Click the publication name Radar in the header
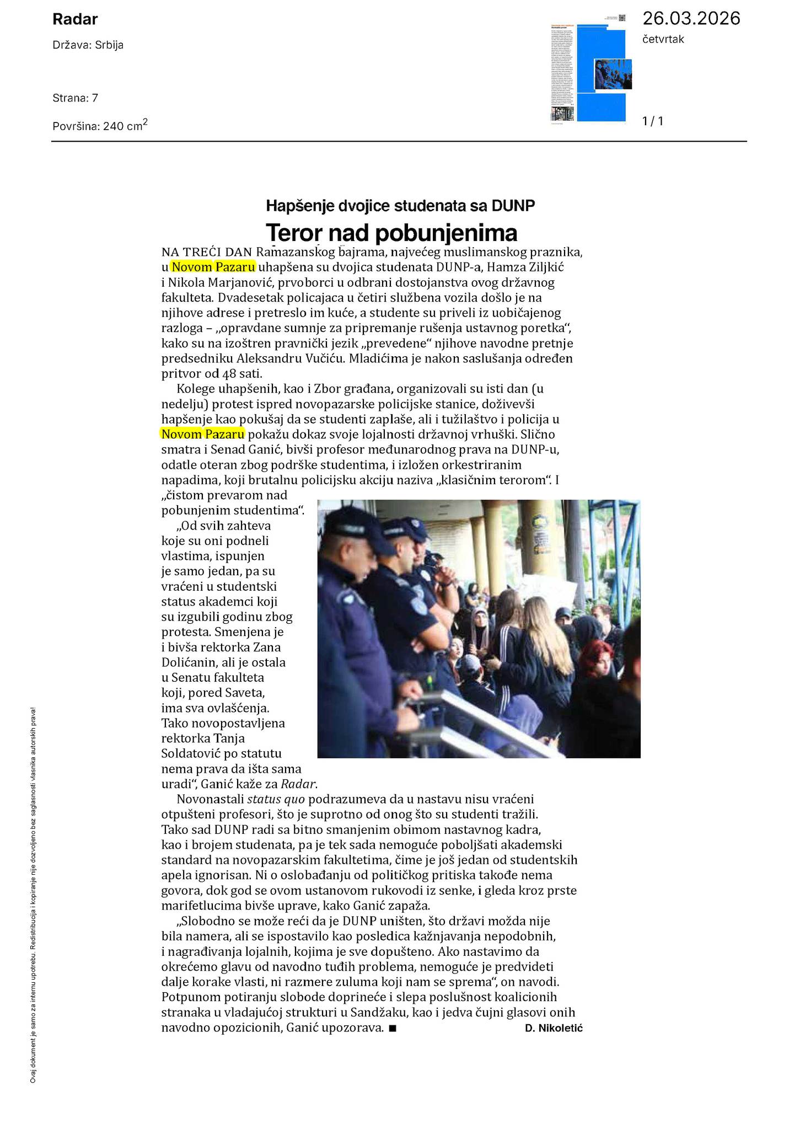pos(75,20)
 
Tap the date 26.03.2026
pos(691,19)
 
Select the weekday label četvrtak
pos(663,39)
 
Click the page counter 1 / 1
pos(653,121)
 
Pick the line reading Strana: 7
pos(76,98)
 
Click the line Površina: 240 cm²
pos(100,125)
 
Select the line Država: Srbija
pos(88,45)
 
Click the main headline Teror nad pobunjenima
pos(391,233)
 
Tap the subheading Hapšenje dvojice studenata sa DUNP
pos(400,206)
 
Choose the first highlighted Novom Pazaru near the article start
pos(213,267)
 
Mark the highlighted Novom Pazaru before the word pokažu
pos(203,434)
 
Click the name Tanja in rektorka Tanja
pos(229,738)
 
